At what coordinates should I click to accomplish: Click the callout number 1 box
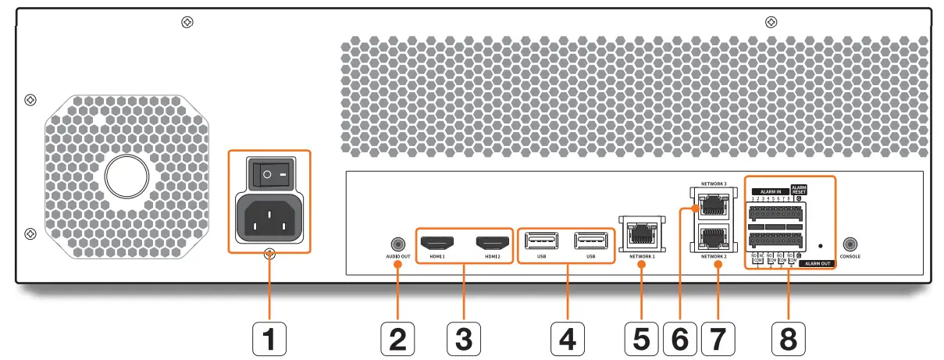(269, 339)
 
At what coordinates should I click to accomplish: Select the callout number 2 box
(397, 339)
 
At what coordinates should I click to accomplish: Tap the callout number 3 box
(463, 339)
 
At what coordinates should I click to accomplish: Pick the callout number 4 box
(568, 339)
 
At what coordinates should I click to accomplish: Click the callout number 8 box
(788, 339)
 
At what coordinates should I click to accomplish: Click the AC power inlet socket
(269, 218)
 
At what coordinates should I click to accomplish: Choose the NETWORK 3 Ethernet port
(711, 205)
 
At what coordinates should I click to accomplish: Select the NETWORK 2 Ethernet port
(711, 237)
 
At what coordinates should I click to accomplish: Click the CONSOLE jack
(850, 244)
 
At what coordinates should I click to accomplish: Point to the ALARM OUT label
(815, 264)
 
